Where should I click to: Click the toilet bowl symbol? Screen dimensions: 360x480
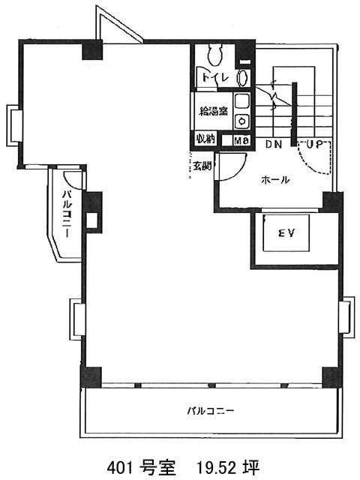point(215,54)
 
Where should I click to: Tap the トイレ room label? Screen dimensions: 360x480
point(215,77)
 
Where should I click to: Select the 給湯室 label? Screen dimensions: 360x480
point(213,111)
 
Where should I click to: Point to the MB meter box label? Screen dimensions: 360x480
point(241,140)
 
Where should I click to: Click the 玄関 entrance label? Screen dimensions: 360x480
point(202,166)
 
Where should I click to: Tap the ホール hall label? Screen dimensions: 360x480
point(275,180)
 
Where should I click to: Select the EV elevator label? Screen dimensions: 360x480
point(286,233)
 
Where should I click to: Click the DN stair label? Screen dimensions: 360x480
point(273,144)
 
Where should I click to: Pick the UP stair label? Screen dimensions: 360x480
point(315,144)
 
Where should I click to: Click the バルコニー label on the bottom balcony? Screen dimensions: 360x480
point(211,410)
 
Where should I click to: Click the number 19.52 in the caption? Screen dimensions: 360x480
point(216,468)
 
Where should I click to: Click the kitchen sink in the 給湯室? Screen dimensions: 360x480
point(242,101)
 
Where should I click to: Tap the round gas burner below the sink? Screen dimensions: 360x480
point(243,121)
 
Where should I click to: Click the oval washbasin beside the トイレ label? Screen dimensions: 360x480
point(243,78)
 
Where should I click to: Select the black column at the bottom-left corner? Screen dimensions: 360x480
point(91,376)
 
